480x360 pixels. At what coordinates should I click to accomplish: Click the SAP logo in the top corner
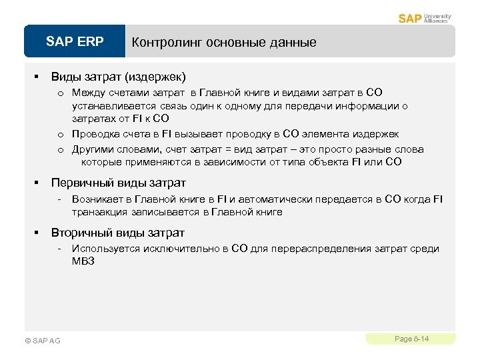(410, 18)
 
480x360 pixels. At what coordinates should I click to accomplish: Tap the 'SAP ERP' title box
(75, 42)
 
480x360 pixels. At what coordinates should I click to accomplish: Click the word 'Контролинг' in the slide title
(167, 43)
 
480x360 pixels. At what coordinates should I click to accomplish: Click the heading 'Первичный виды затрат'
(119, 182)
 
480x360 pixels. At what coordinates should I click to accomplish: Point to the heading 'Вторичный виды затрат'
(118, 233)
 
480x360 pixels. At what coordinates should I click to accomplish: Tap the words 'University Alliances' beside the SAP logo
(437, 19)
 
